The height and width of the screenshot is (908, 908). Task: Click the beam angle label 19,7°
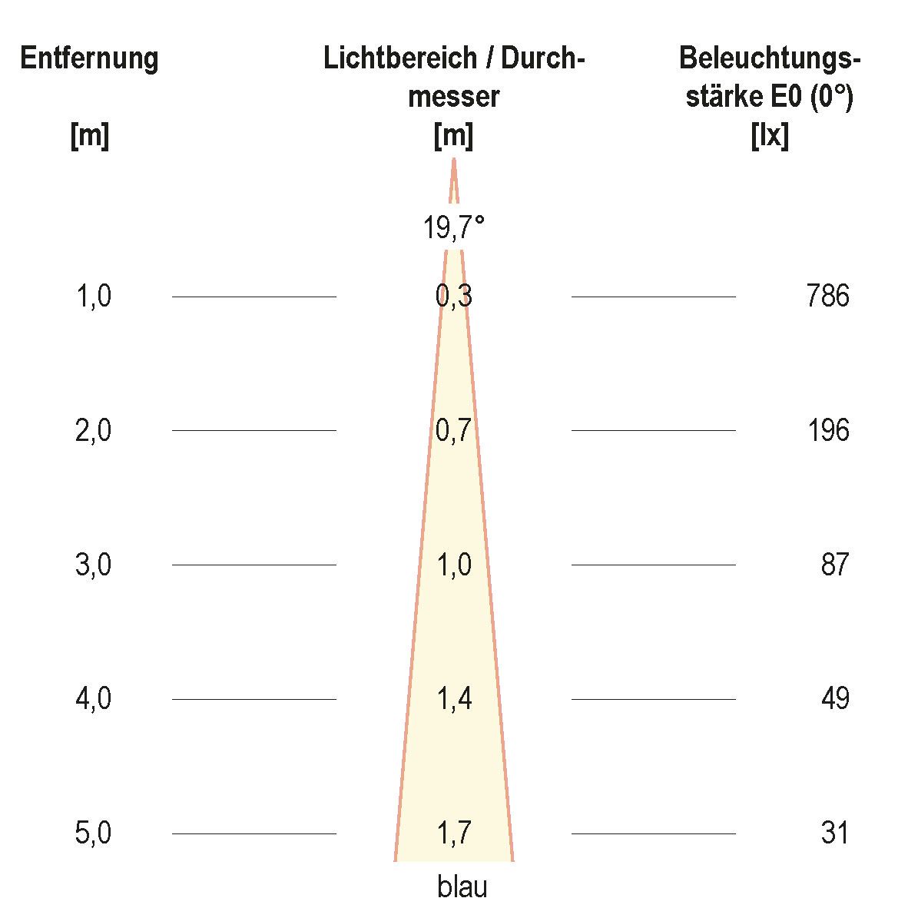pyautogui.click(x=454, y=227)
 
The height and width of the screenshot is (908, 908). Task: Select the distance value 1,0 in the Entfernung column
pyautogui.click(x=94, y=296)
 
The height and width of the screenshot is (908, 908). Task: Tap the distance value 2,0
pyautogui.click(x=94, y=430)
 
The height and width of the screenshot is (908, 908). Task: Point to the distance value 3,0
pyautogui.click(x=94, y=565)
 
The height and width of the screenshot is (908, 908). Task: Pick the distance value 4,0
pyautogui.click(x=94, y=699)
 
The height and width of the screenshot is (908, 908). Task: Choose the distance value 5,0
pyautogui.click(x=94, y=833)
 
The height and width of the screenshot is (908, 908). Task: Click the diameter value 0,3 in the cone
pyautogui.click(x=454, y=296)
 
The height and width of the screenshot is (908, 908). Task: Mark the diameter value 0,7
pyautogui.click(x=454, y=430)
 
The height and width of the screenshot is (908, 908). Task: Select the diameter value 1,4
pyautogui.click(x=454, y=699)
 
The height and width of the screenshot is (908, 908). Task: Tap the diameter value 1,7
pyautogui.click(x=454, y=833)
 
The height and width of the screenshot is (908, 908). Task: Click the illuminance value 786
pyautogui.click(x=828, y=296)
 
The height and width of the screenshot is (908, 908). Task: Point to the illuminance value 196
pyautogui.click(x=828, y=430)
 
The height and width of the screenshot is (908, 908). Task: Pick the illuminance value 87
pyautogui.click(x=834, y=565)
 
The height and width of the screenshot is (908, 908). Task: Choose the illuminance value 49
pyautogui.click(x=834, y=699)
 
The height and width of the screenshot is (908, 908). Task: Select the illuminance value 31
pyautogui.click(x=834, y=833)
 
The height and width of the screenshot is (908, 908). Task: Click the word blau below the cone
pyautogui.click(x=462, y=887)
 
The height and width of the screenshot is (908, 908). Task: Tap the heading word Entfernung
pyautogui.click(x=89, y=58)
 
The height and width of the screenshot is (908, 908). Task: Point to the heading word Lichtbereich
pyautogui.click(x=399, y=58)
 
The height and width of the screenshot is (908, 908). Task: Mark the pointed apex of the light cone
pyautogui.click(x=454, y=160)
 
